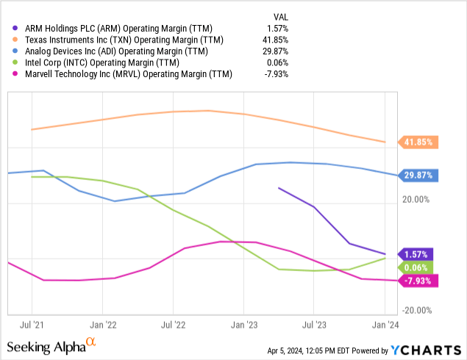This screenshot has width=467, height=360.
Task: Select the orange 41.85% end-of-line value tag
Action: click(x=418, y=143)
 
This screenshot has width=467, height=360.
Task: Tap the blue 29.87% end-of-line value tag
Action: click(x=418, y=176)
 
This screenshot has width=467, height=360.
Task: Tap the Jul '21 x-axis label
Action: click(x=31, y=323)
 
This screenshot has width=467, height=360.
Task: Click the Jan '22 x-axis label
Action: click(x=102, y=323)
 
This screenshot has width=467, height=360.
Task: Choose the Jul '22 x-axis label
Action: click(x=173, y=323)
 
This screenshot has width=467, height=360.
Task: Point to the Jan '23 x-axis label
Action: click(x=244, y=323)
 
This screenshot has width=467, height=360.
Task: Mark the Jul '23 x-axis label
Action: click(x=314, y=323)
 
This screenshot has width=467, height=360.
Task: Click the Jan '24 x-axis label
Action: click(x=385, y=323)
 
